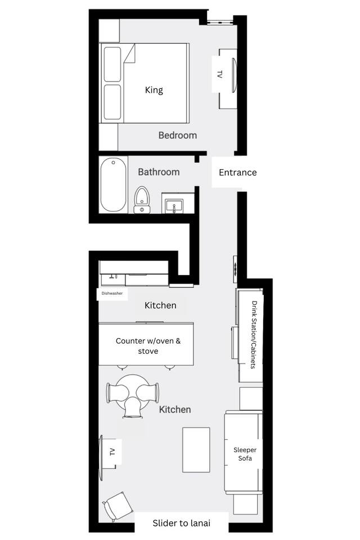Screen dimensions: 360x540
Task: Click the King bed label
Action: (x=154, y=90)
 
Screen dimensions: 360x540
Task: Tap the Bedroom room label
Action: (x=177, y=136)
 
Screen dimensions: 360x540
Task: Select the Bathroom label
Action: (x=159, y=172)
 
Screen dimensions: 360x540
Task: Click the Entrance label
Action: (x=238, y=173)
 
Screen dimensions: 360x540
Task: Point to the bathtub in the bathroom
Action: (x=113, y=185)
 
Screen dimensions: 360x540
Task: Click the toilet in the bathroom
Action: (x=141, y=200)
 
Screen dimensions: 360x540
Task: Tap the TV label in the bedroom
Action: (x=219, y=74)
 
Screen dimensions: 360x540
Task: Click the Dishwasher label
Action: (x=112, y=294)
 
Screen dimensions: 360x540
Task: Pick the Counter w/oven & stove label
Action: (x=148, y=346)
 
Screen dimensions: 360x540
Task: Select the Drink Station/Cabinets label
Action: (x=254, y=335)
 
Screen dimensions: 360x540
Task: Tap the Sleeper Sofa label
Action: (x=245, y=454)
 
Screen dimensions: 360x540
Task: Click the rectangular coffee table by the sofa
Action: (x=196, y=450)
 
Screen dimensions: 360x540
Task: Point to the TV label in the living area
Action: (x=112, y=452)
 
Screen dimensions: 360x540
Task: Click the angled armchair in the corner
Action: (x=118, y=506)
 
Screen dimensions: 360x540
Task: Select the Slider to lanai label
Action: (x=182, y=523)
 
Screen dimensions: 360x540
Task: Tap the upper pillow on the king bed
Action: (x=112, y=64)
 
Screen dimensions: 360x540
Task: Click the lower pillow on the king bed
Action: (x=112, y=102)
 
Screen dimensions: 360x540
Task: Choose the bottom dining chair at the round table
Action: (x=133, y=408)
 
